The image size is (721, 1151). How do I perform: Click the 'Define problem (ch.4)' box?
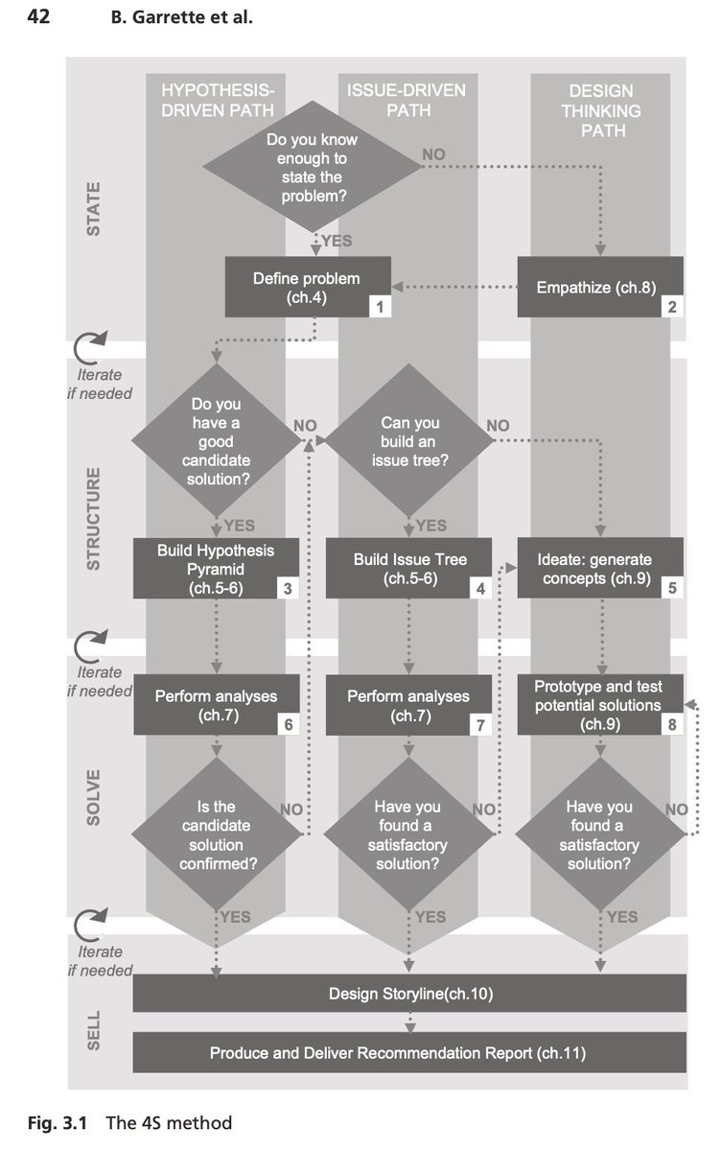click(x=307, y=287)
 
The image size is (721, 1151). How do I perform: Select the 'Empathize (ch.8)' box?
click(x=599, y=287)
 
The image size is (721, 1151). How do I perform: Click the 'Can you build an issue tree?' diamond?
click(x=408, y=441)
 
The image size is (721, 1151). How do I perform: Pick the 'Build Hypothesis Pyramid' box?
click(x=216, y=569)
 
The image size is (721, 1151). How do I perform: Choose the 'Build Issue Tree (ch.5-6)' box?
click(x=408, y=569)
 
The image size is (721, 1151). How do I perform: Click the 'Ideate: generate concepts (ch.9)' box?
click(x=599, y=569)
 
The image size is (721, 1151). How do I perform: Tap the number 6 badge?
click(x=288, y=724)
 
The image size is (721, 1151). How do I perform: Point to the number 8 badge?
click(x=672, y=724)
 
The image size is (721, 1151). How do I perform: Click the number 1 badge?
click(x=380, y=306)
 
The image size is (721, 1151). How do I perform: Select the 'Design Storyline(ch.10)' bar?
click(x=409, y=994)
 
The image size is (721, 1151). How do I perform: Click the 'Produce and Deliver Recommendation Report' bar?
click(x=409, y=1052)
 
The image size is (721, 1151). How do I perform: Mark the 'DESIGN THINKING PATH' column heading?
click(x=600, y=110)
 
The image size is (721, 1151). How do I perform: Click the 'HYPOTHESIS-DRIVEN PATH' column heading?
click(x=218, y=100)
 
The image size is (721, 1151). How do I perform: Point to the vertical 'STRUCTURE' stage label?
click(x=94, y=519)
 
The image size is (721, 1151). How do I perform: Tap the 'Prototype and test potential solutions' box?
click(x=599, y=705)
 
